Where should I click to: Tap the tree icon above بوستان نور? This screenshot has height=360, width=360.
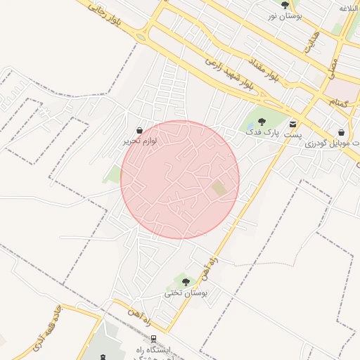tap(285, 5)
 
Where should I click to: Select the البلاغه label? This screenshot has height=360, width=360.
tap(349, 8)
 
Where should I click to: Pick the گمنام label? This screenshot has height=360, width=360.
tap(342, 102)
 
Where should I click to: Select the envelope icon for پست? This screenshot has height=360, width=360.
tap(292, 124)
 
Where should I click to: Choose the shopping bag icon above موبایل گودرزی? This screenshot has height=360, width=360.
tap(341, 131)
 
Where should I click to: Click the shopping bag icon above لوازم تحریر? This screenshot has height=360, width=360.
tap(140, 130)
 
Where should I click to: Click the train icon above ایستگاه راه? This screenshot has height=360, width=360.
tap(153, 339)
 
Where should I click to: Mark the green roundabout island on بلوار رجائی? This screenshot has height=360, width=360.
tap(141, 37)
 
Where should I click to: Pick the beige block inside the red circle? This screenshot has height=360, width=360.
tap(220, 188)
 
